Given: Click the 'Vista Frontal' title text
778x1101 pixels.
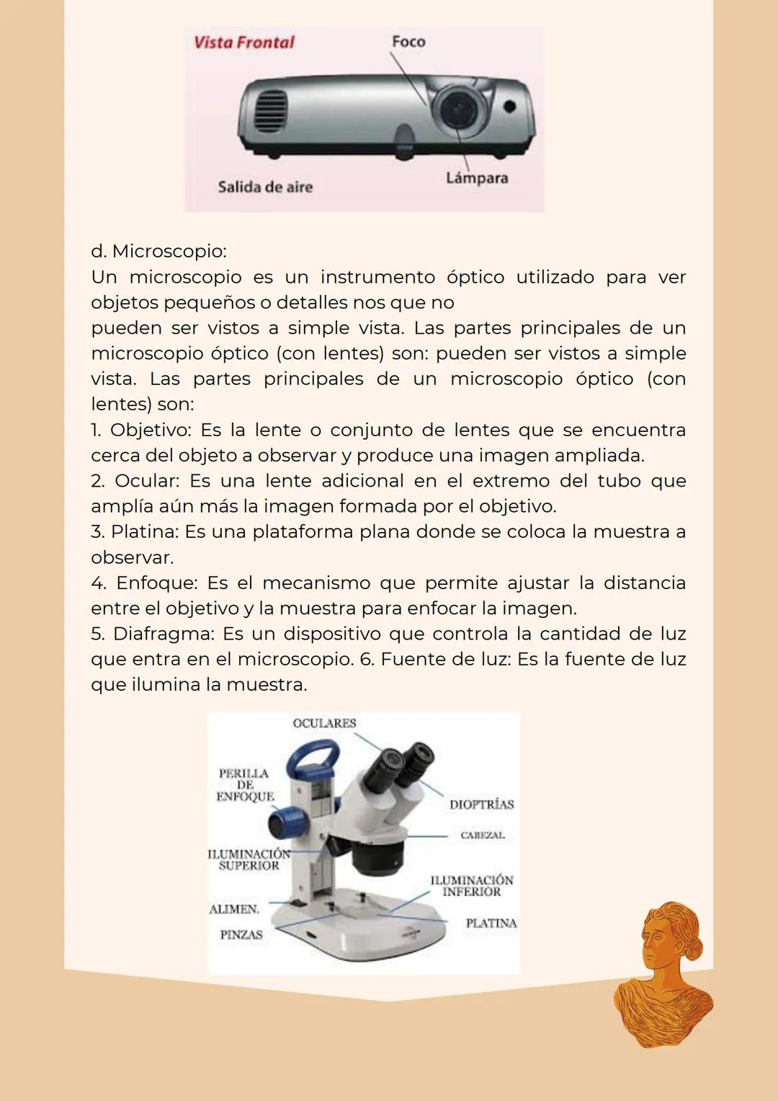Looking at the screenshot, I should (243, 43).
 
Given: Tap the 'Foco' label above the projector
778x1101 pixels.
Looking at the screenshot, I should (408, 42).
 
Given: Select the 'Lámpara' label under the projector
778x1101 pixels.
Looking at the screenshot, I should (476, 178).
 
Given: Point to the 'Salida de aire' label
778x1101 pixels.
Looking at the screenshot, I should (265, 187).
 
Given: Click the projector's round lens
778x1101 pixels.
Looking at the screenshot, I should (456, 110).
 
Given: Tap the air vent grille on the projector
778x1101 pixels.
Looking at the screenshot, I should (272, 112).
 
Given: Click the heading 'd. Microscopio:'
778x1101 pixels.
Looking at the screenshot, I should (158, 252).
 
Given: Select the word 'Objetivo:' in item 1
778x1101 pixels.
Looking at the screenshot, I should (151, 430).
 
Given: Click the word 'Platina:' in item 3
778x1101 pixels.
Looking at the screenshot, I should (145, 532).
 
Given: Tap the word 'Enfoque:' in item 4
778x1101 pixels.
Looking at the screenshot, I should (156, 583).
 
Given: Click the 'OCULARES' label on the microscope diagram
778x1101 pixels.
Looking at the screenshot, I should (324, 723).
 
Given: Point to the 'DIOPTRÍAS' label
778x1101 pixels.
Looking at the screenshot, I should (481, 805).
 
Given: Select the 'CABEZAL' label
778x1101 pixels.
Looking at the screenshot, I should (483, 836).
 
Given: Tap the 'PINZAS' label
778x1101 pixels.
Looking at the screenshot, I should (241, 935).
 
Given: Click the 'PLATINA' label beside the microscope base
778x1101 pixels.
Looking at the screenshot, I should (491, 924).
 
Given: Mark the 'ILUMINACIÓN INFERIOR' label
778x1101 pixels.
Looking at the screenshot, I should (472, 886).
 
